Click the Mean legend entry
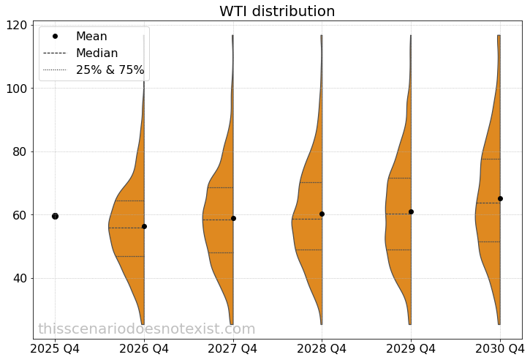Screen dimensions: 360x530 [91, 37]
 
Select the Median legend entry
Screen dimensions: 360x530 [96, 53]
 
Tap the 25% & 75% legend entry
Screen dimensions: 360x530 [110, 70]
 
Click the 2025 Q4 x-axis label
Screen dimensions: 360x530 [55, 348]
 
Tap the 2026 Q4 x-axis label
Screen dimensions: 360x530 [144, 348]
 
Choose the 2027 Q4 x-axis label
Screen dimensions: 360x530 [233, 348]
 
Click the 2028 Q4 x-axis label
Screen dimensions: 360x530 [322, 348]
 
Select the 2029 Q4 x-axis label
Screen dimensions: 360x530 [411, 348]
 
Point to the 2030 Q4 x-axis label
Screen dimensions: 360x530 [499, 348]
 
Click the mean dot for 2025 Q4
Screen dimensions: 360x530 [55, 216]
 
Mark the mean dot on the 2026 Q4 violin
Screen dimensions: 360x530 [144, 226]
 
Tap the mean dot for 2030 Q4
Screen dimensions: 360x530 [500, 198]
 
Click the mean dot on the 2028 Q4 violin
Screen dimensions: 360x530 [322, 214]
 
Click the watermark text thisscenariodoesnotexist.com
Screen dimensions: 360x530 [147, 329]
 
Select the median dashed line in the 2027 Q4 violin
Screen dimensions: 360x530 [218, 220]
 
